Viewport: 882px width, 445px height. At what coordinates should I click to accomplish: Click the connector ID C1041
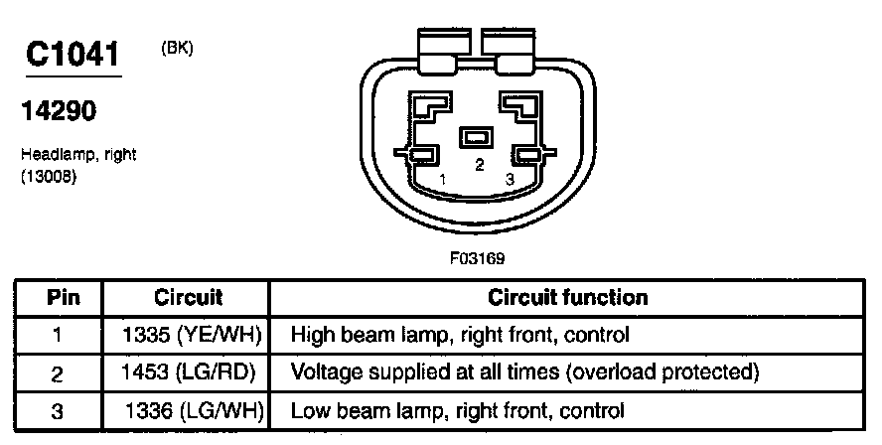(x=72, y=54)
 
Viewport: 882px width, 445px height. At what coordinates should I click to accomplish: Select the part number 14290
(x=58, y=112)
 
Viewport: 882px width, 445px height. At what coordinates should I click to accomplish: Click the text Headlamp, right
(x=77, y=155)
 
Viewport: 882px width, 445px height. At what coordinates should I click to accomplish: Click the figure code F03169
(x=478, y=259)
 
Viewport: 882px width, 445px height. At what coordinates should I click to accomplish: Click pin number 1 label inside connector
(x=443, y=179)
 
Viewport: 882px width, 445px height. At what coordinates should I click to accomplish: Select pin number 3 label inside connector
(x=510, y=179)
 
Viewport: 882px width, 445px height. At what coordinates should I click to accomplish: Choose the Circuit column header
(x=188, y=297)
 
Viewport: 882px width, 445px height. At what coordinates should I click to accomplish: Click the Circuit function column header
(x=568, y=297)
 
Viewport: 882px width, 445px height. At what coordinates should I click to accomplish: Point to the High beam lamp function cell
(x=460, y=335)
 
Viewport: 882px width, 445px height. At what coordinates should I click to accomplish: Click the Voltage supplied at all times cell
(x=524, y=372)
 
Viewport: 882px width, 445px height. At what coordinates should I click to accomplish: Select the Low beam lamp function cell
(x=457, y=409)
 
